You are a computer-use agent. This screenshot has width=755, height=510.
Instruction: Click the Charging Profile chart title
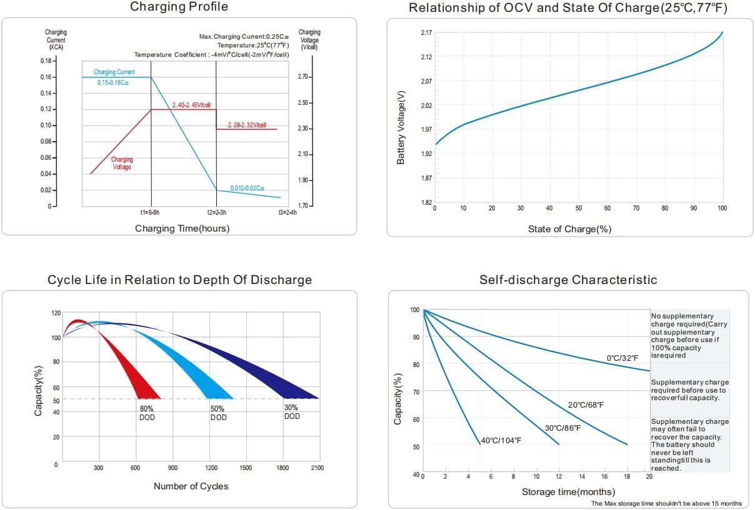point(179,7)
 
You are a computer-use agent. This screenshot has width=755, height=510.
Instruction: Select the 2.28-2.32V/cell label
point(247,125)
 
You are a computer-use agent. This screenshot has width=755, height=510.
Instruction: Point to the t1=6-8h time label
point(151,213)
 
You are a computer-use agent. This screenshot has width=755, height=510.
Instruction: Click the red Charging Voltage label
point(122,164)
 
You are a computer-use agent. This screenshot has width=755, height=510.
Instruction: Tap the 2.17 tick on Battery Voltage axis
point(426,32)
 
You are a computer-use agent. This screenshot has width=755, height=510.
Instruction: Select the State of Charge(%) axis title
point(569,229)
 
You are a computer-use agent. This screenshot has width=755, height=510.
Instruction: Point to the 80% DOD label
point(147,413)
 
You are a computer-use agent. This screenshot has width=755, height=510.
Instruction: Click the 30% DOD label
point(292,412)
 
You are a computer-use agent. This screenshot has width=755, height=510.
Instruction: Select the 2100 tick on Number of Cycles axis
point(317,468)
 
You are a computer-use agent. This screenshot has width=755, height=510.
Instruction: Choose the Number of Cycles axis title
point(191,486)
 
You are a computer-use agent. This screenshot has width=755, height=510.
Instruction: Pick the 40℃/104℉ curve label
point(501,441)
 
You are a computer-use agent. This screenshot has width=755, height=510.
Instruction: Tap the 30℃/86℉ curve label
point(562,428)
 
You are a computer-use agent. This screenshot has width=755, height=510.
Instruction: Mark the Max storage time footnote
point(666,503)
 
